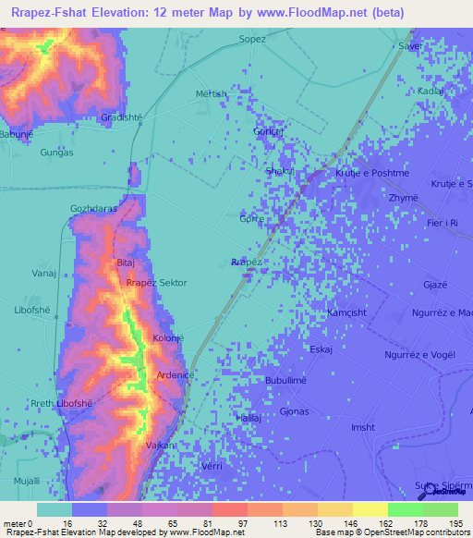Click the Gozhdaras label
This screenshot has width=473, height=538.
[x=93, y=209]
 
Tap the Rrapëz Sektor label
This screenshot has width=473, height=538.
[x=156, y=283]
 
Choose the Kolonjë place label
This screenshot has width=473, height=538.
[x=168, y=338]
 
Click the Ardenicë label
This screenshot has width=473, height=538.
[x=175, y=375]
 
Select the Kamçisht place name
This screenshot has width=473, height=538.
[x=347, y=312]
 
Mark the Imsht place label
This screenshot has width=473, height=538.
[x=363, y=426]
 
